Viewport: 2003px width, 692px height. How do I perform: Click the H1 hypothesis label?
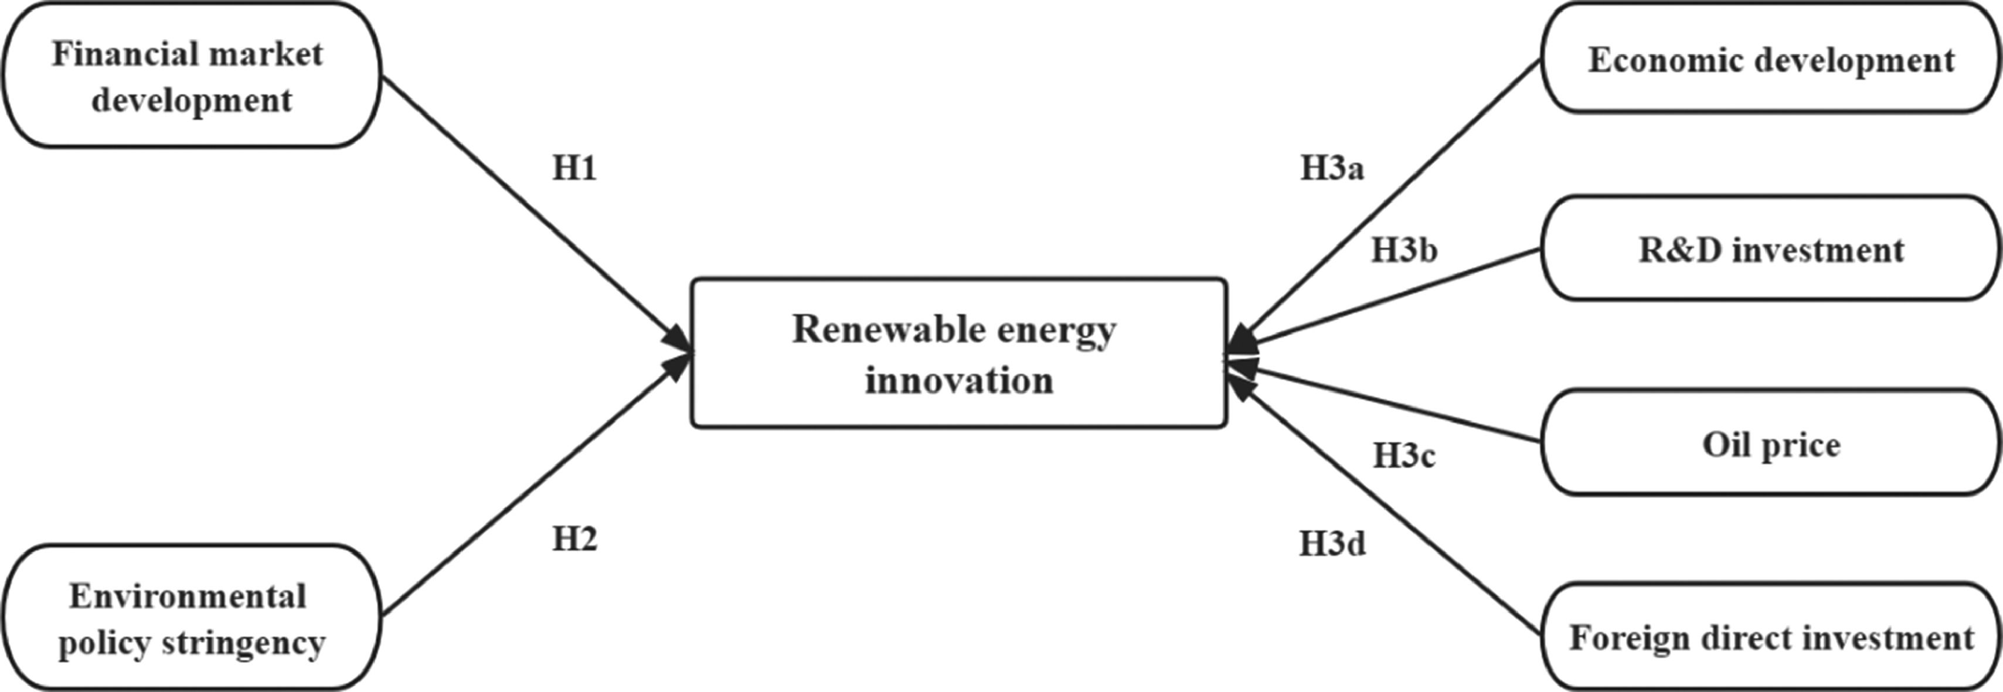tap(574, 168)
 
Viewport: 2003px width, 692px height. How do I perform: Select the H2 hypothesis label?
tap(574, 539)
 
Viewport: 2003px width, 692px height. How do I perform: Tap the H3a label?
tap(1332, 168)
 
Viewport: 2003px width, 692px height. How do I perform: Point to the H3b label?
tap(1403, 250)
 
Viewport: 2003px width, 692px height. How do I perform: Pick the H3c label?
tap(1403, 456)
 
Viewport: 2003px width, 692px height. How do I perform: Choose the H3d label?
tap(1332, 544)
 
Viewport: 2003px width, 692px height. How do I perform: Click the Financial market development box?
tap(191, 76)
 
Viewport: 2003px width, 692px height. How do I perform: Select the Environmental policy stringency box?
tap(191, 618)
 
